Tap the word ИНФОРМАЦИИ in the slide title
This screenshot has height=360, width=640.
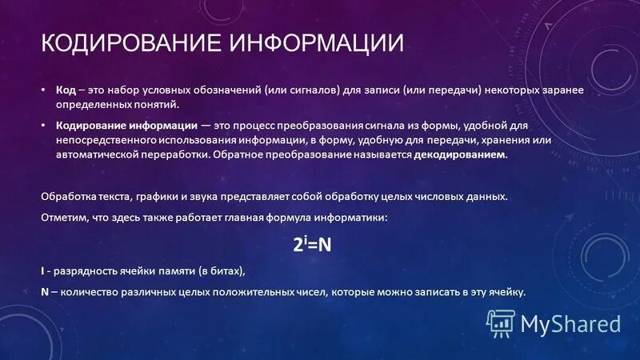(x=316, y=42)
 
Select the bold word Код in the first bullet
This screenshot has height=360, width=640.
(x=66, y=91)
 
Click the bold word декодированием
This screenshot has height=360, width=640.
(x=461, y=154)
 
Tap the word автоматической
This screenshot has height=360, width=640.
(x=94, y=154)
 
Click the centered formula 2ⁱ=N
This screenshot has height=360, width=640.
(x=312, y=245)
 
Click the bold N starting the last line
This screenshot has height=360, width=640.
(x=44, y=292)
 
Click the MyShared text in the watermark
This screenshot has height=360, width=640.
(x=570, y=323)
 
